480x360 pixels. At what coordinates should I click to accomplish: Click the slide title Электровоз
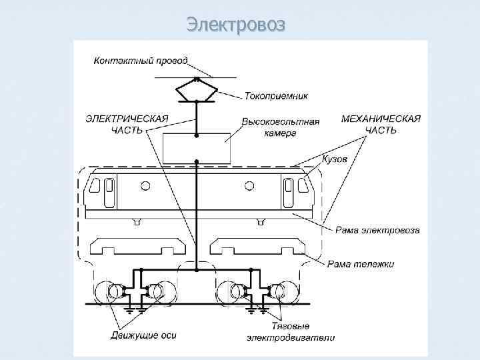[x=236, y=25]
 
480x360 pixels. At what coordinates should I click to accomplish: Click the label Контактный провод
[x=141, y=61]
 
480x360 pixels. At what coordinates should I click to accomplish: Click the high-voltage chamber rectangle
[x=197, y=148]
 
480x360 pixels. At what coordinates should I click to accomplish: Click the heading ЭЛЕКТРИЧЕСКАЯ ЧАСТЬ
[x=127, y=124]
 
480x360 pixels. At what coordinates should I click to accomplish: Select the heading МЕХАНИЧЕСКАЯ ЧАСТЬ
[x=381, y=124]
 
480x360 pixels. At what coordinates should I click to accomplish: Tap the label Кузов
[x=334, y=160]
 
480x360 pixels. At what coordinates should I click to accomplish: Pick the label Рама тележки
[x=361, y=264]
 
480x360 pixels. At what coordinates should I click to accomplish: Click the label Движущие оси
[x=143, y=335]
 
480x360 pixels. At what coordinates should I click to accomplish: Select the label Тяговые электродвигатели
[x=291, y=333]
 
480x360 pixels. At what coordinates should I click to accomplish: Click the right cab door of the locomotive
[x=288, y=191]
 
